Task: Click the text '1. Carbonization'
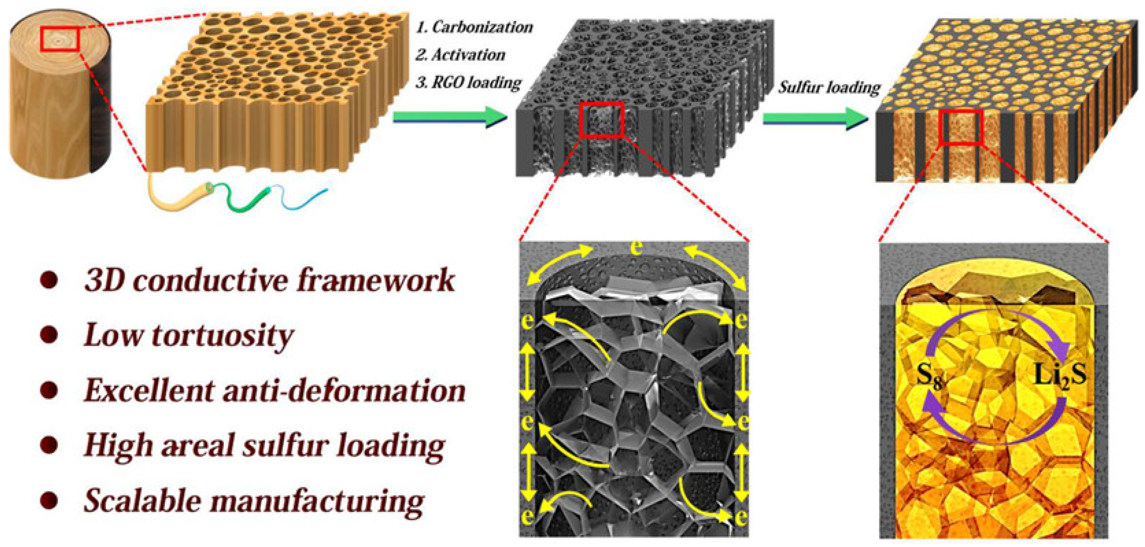pyautogui.click(x=474, y=27)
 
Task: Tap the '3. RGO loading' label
pyautogui.click(x=468, y=83)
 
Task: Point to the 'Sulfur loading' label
pyautogui.click(x=829, y=88)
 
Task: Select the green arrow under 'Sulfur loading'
pyautogui.click(x=815, y=119)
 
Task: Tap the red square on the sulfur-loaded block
pyautogui.click(x=960, y=128)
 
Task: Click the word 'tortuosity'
pyautogui.click(x=222, y=336)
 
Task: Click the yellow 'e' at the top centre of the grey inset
pyautogui.click(x=637, y=248)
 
